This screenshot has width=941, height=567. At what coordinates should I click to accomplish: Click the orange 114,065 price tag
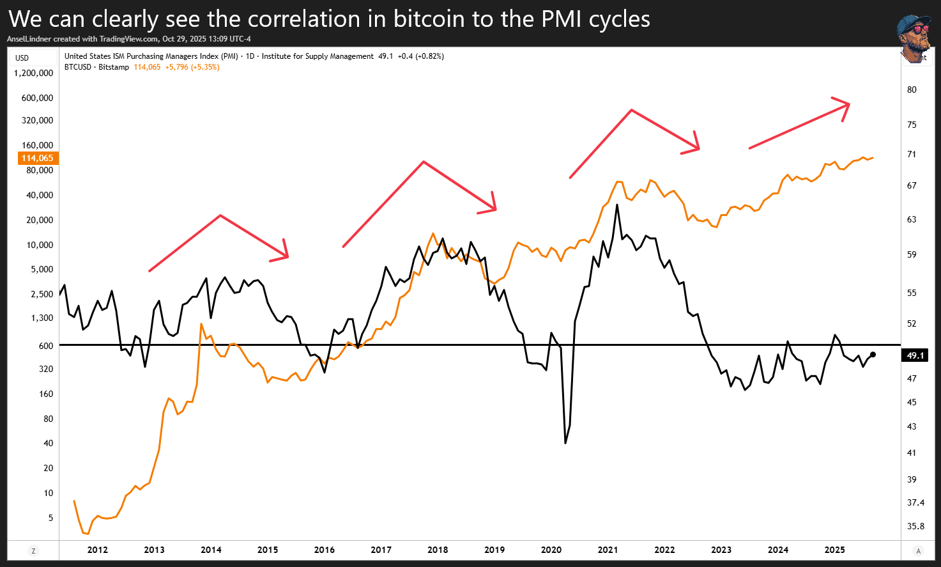38,158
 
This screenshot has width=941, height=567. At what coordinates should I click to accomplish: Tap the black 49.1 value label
915,355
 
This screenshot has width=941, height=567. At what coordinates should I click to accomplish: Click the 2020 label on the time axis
551,550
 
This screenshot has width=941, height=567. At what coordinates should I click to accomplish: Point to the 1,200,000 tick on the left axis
33,73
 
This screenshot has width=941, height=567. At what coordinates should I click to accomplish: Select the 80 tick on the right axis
912,89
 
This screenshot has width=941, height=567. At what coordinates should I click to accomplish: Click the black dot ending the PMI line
873,355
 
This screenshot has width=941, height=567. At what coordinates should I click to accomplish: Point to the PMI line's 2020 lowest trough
565,443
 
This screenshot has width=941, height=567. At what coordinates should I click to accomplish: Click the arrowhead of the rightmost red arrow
846,105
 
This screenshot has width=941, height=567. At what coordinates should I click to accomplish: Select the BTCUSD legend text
78,67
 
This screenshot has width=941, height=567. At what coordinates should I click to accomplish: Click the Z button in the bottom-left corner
33,551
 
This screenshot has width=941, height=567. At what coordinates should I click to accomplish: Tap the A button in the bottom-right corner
919,551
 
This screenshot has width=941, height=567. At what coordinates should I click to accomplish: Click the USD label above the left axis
22,58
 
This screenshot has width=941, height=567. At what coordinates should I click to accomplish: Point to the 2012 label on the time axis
98,550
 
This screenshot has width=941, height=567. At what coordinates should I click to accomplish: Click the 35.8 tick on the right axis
915,526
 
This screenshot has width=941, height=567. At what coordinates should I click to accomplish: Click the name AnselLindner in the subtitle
29,39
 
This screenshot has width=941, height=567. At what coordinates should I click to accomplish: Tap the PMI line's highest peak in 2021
617,205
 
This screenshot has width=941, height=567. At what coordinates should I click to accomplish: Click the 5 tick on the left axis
50,518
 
